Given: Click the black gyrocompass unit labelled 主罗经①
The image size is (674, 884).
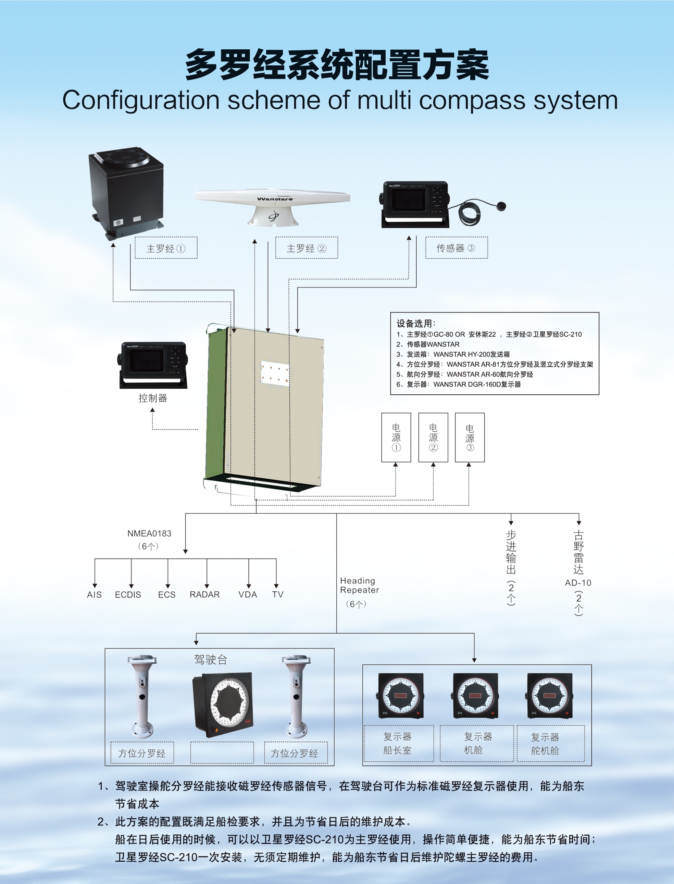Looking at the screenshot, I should [x=126, y=193].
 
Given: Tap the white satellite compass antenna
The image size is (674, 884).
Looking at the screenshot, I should [x=273, y=205].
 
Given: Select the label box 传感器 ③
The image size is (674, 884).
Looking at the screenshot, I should [x=456, y=248].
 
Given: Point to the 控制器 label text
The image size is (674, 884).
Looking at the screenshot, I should [x=152, y=398].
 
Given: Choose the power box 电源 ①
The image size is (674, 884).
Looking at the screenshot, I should [x=396, y=438].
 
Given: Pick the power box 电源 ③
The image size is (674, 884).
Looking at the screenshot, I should [x=470, y=438].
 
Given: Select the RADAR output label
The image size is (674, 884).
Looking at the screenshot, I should [x=204, y=594].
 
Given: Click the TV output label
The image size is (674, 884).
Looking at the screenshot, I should [x=278, y=594].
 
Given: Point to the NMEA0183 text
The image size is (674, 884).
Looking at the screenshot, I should [x=149, y=533].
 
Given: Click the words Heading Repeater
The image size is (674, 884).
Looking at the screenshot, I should [x=359, y=586].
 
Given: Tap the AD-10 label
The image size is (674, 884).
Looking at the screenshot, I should [x=578, y=582].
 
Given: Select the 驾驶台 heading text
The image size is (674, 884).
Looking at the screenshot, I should [x=211, y=659].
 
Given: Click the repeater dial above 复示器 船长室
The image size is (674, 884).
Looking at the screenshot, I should [x=401, y=696].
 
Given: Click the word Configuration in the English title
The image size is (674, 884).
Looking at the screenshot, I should [x=141, y=100].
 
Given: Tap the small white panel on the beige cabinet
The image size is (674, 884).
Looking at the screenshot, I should [x=275, y=373].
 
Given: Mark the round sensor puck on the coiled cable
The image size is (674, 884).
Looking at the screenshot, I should [x=501, y=206].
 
